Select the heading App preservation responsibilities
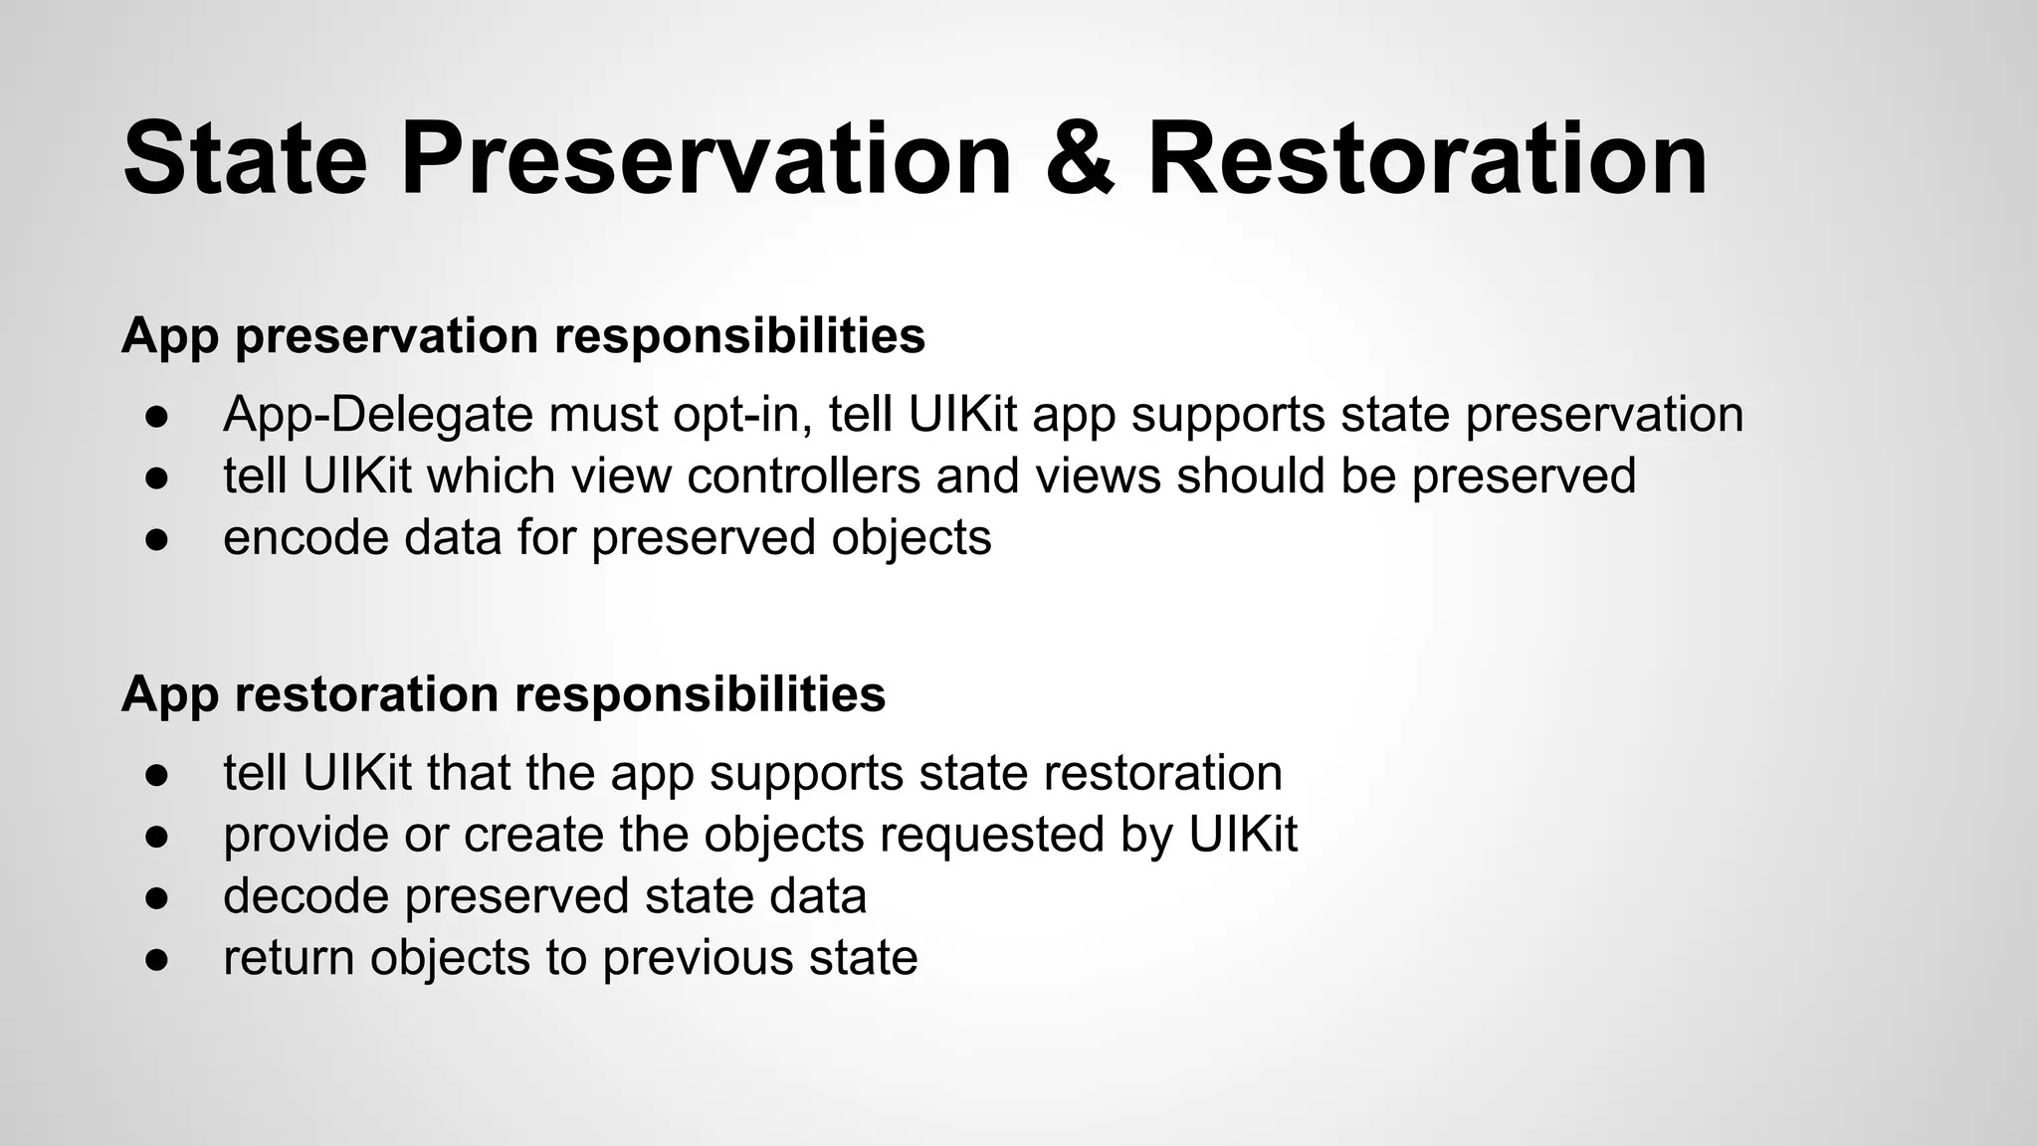pos(523,336)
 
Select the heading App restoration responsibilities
pos(504,694)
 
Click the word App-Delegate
pos(379,415)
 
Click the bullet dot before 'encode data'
pos(156,539)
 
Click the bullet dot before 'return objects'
pos(156,959)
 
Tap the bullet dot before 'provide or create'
pos(156,836)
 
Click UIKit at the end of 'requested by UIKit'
pos(1243,834)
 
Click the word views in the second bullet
pos(1099,476)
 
